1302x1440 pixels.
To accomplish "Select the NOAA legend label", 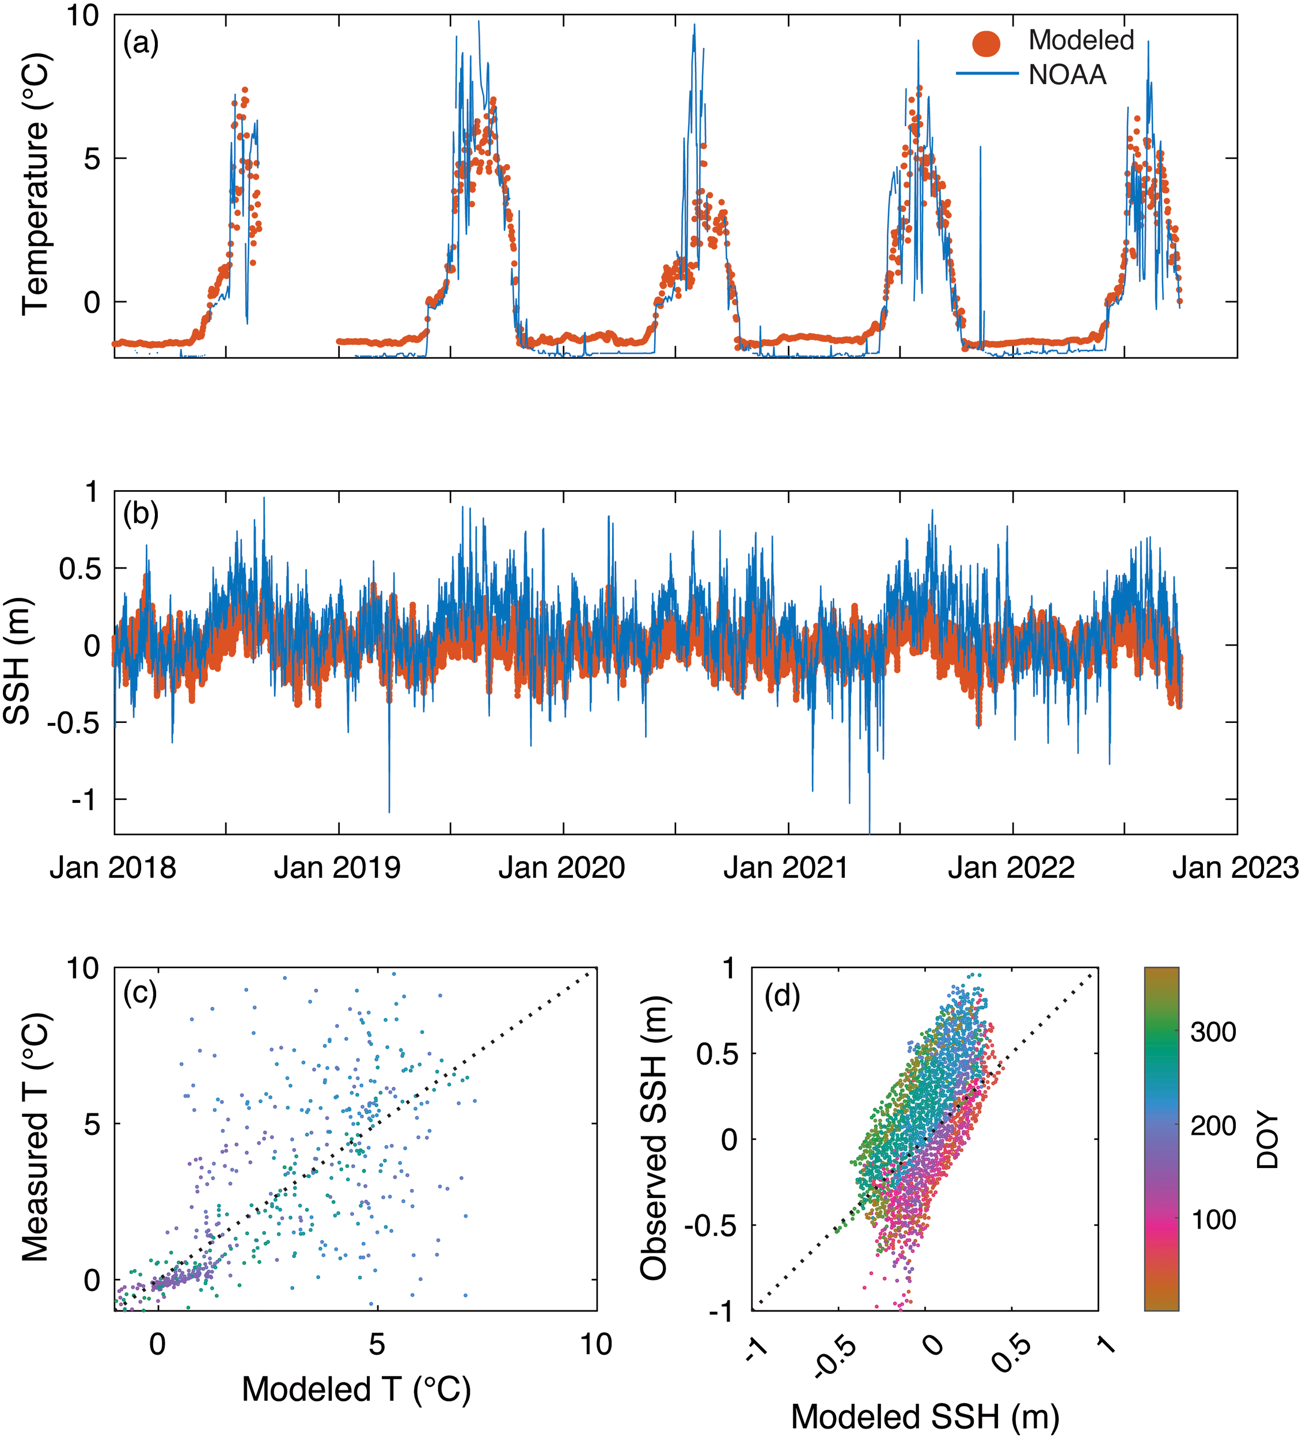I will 1067,75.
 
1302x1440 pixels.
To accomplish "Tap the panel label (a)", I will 141,44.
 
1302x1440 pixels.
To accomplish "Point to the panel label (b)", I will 141,514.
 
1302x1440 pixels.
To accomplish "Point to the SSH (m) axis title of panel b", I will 17,661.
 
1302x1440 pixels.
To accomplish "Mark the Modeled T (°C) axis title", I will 356,1389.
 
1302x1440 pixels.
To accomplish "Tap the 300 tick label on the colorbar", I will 1213,1032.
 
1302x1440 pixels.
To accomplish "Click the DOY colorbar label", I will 1267,1140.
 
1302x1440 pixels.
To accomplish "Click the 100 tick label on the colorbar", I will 1213,1220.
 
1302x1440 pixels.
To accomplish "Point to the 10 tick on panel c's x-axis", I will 595,1345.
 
